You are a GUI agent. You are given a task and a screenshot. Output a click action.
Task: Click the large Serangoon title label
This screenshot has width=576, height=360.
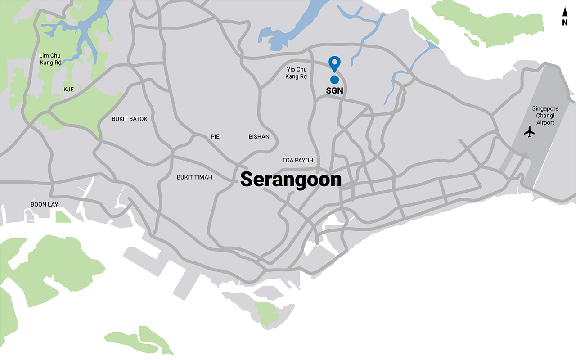pyautogui.click(x=291, y=179)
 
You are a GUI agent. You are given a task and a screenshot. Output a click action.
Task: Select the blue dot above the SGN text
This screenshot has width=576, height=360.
pyautogui.click(x=334, y=80)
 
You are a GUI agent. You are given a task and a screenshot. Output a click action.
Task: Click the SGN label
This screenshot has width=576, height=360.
pyautogui.click(x=334, y=90)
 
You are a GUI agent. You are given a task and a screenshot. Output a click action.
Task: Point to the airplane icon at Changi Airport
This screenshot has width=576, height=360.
pyautogui.click(x=530, y=132)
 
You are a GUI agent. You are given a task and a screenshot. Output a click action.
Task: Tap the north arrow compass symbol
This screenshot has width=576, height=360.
pyautogui.click(x=565, y=13)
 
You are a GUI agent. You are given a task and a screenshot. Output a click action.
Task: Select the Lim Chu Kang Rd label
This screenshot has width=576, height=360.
pyautogui.click(x=49, y=59)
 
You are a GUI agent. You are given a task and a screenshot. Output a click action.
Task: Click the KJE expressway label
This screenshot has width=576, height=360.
pyautogui.click(x=68, y=90)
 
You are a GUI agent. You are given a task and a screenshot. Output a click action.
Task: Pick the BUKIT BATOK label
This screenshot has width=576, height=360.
pyautogui.click(x=130, y=119)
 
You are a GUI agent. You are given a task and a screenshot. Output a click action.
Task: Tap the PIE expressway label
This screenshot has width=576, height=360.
pyautogui.click(x=215, y=136)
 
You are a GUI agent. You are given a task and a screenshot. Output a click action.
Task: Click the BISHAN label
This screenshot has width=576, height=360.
pyautogui.click(x=259, y=136)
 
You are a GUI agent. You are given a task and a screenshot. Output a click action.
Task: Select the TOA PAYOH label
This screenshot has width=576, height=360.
pyautogui.click(x=297, y=160)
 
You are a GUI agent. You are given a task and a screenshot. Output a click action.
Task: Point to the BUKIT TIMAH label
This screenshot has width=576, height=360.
pyautogui.click(x=194, y=177)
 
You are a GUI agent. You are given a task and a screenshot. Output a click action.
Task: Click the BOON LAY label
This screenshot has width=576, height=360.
pyautogui.click(x=45, y=204)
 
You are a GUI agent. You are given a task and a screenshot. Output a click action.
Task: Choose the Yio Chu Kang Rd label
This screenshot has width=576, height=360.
pyautogui.click(x=296, y=73)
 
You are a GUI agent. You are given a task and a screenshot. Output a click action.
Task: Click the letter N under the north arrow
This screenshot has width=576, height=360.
pyautogui.click(x=565, y=23)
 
